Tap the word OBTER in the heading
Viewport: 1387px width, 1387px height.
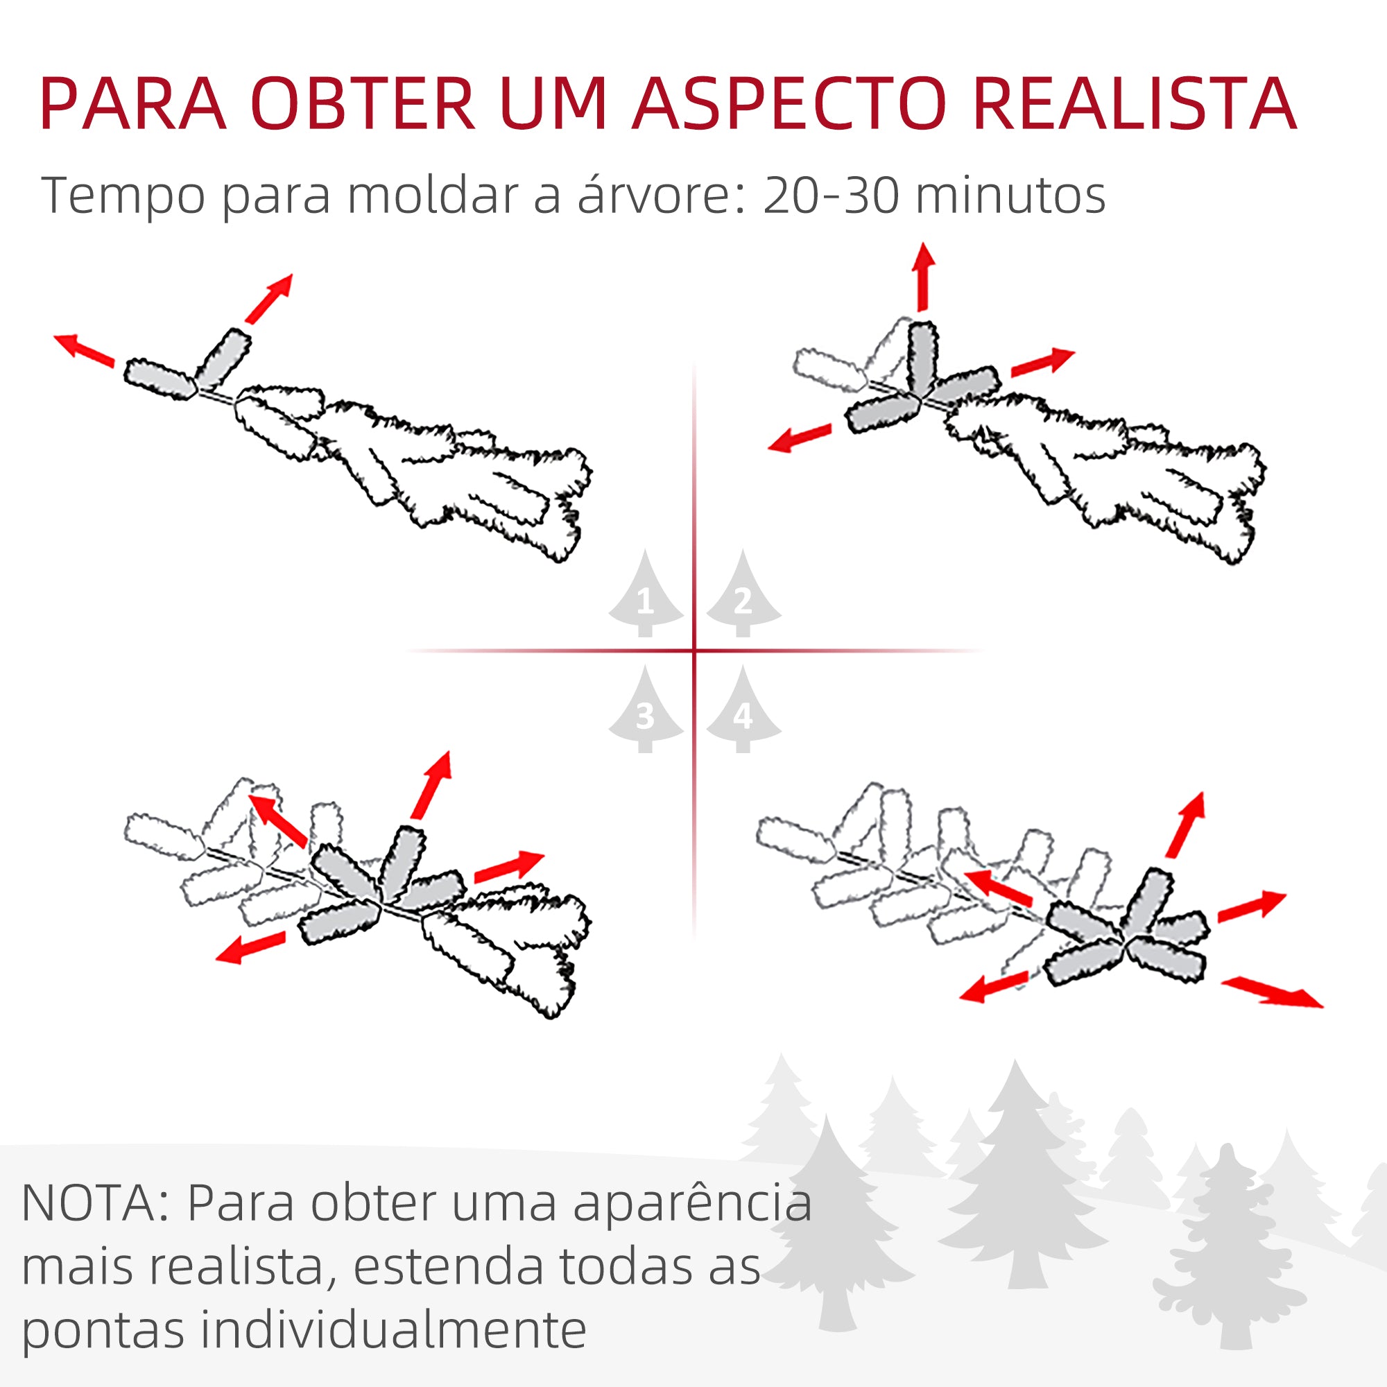[x=363, y=103]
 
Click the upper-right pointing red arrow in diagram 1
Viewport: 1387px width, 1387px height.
[x=269, y=298]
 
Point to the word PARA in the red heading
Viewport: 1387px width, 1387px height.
[x=133, y=103]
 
